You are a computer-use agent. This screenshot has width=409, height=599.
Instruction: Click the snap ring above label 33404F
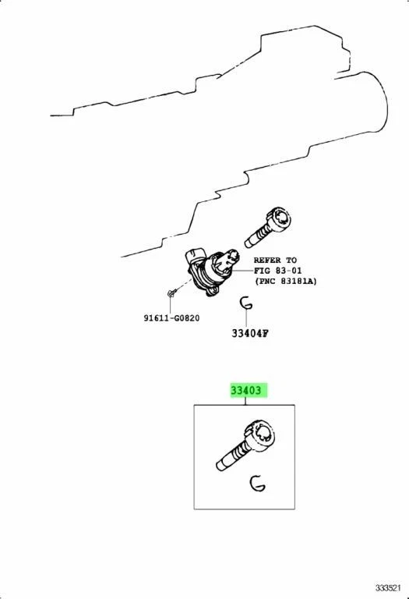click(x=245, y=303)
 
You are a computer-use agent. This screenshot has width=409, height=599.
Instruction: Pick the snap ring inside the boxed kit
click(x=256, y=484)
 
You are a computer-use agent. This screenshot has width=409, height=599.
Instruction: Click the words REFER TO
click(x=275, y=260)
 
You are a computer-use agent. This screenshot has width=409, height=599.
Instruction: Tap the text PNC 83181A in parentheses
click(x=286, y=282)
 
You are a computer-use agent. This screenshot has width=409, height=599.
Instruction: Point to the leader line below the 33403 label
click(x=245, y=402)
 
